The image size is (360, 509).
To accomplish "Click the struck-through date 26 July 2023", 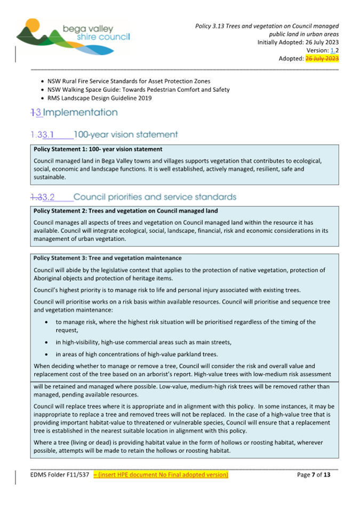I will (x=322, y=59).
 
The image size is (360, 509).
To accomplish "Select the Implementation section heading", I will (x=75, y=113).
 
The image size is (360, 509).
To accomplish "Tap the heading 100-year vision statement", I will (x=125, y=134).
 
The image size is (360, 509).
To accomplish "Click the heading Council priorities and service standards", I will (x=154, y=197).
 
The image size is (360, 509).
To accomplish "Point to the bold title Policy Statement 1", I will (x=98, y=149).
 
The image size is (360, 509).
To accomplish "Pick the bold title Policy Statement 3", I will (x=107, y=258).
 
